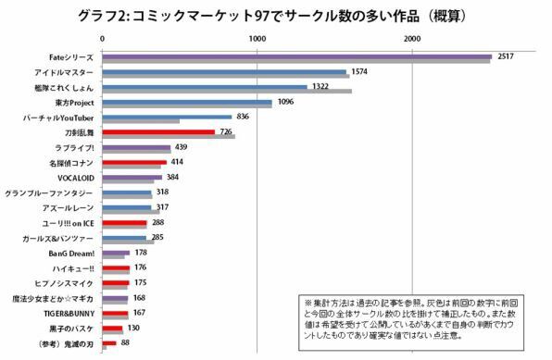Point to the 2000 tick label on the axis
pyautogui.click(x=413, y=38)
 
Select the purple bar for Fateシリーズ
pyautogui.click(x=296, y=56)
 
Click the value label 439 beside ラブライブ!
pyautogui.click(x=182, y=147)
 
